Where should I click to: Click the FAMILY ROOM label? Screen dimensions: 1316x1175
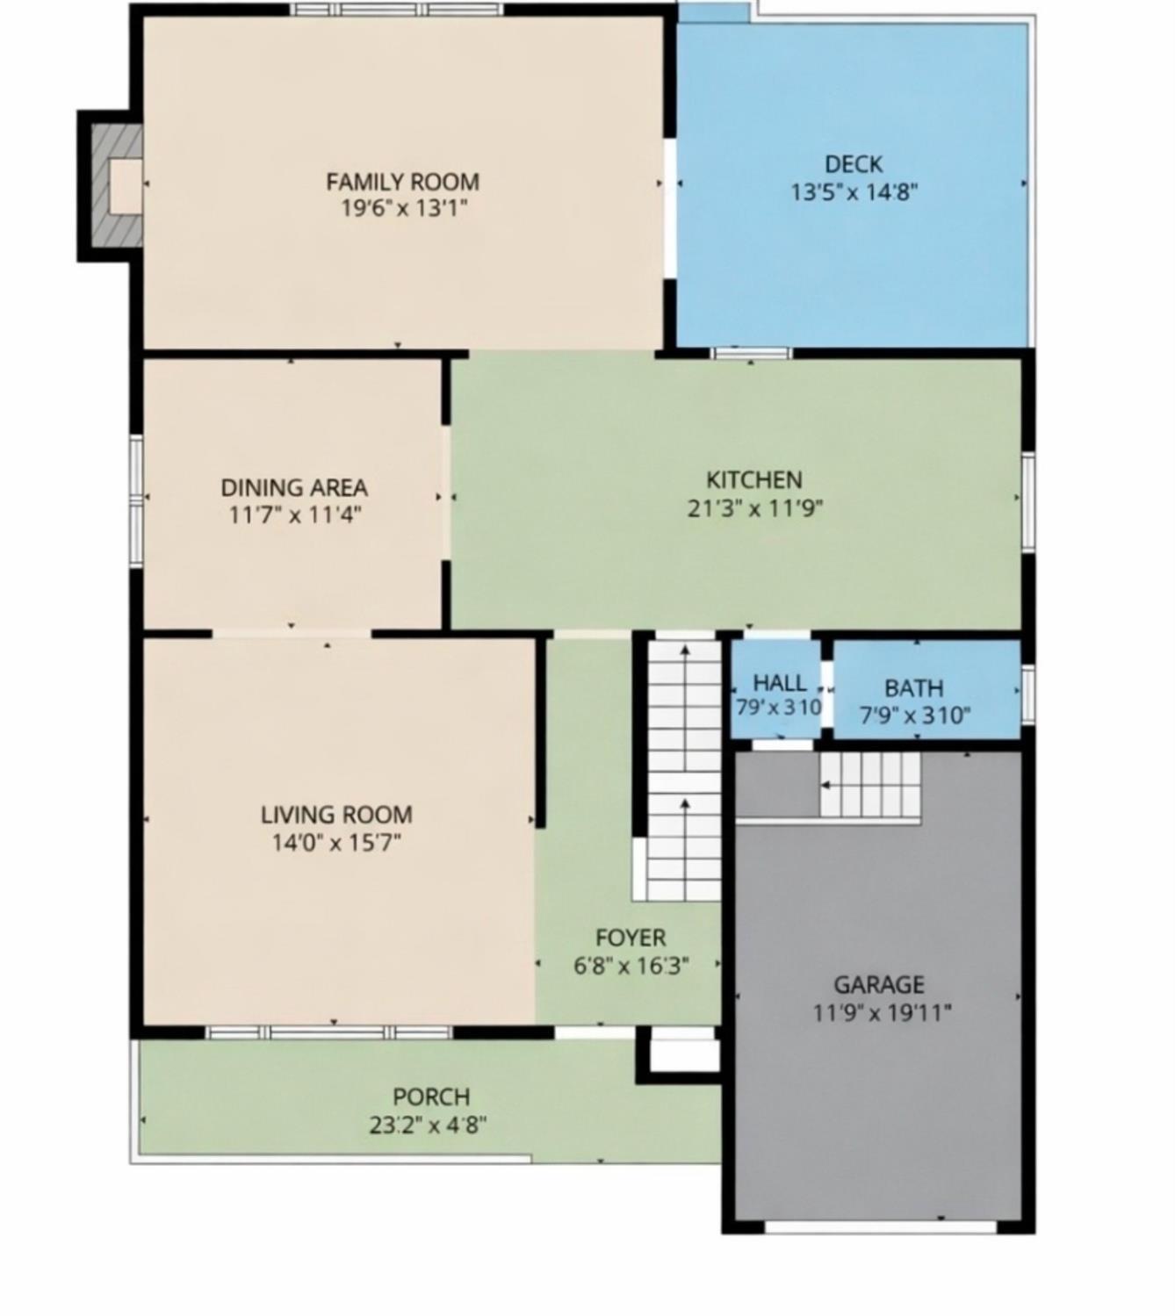click(402, 182)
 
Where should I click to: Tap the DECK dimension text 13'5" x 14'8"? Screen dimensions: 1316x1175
click(854, 191)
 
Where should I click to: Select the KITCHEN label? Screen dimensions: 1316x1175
click(754, 479)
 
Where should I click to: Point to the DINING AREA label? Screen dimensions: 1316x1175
click(293, 487)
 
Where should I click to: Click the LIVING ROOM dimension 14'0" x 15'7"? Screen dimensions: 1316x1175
click(336, 843)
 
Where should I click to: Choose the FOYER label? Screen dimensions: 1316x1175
click(631, 938)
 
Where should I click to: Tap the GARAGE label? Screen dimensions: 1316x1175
click(879, 984)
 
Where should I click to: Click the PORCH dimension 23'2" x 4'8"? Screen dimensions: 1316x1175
click(429, 1125)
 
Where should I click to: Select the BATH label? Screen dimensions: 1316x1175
click(913, 687)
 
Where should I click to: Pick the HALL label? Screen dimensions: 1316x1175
click(779, 682)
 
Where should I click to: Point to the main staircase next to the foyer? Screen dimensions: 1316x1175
click(683, 768)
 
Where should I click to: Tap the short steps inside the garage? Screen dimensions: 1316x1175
click(869, 784)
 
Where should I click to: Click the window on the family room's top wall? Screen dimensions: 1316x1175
click(397, 10)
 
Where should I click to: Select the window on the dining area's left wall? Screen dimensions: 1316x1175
click(136, 498)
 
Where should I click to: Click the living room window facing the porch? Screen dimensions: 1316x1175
click(329, 1032)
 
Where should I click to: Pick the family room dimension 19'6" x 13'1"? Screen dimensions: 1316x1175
click(402, 208)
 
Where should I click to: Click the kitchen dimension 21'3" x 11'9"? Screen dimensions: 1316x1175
click(754, 507)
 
